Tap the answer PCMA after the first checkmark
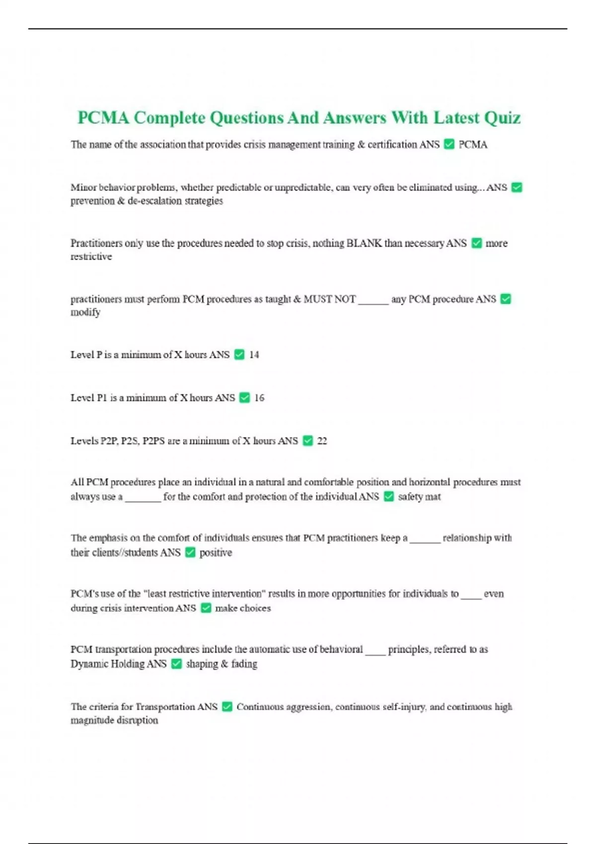coord(473,145)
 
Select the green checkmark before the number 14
coord(239,354)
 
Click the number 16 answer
coord(259,398)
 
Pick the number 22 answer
coord(322,441)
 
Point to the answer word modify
coord(85,312)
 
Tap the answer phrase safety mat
coord(419,496)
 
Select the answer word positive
coord(216,553)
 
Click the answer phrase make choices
coord(243,608)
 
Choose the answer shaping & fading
coord(222,664)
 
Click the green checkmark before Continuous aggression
coord(227,706)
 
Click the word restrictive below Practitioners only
coord(91,257)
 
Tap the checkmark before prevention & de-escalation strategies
coord(517,188)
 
